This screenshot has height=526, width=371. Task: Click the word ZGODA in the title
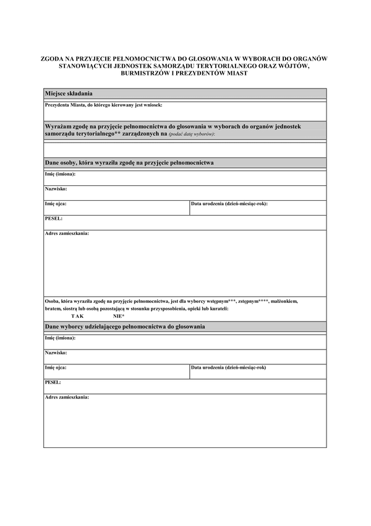point(52,59)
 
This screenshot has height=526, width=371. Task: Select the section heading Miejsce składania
point(68,93)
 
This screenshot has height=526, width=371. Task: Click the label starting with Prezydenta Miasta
point(103,105)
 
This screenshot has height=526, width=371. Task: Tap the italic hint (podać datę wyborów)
point(192,134)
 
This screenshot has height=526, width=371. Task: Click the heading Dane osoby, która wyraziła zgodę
point(129,162)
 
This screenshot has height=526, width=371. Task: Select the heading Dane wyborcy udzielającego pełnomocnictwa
point(125,326)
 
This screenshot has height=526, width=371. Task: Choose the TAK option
point(77,316)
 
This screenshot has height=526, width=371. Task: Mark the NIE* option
point(119,316)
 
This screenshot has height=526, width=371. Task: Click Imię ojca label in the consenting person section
point(56,203)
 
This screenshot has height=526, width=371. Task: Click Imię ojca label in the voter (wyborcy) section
point(56,367)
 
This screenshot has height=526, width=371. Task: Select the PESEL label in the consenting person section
point(54,218)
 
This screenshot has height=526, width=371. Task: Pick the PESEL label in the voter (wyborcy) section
point(53,382)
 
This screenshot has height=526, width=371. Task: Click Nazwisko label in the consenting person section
point(56,188)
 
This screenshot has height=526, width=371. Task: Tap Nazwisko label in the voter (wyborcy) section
point(56,353)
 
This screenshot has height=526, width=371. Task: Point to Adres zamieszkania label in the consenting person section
point(67,233)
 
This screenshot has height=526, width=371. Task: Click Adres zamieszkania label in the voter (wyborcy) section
point(67,397)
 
